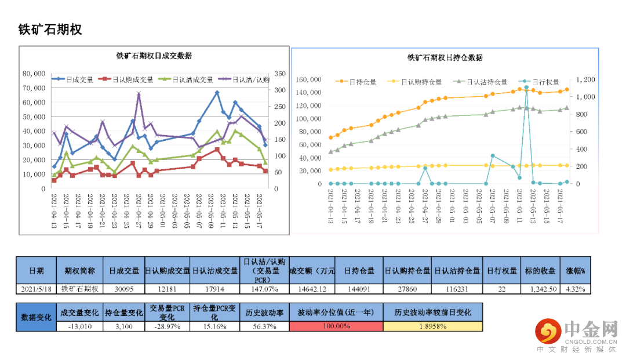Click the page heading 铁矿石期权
(50, 30)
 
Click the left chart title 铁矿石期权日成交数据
(154, 56)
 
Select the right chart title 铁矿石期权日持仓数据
(445, 57)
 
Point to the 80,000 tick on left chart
(34, 74)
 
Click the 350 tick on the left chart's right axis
(281, 74)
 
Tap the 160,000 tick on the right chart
(309, 79)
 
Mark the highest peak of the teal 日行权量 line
(526, 88)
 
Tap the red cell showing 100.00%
(336, 326)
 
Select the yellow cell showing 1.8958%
(432, 326)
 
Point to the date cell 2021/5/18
(36, 289)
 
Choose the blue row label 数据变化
(36, 318)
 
